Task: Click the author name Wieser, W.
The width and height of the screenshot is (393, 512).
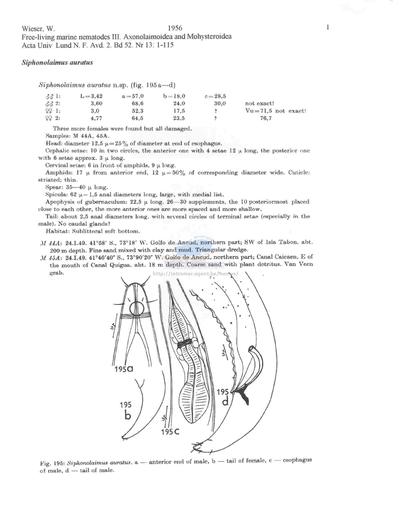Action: [38, 29]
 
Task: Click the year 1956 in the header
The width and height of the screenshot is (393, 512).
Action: [175, 28]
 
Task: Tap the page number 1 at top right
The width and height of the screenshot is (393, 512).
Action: [328, 27]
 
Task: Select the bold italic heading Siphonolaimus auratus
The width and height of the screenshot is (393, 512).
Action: [57, 63]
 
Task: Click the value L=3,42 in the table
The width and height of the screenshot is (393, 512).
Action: [91, 96]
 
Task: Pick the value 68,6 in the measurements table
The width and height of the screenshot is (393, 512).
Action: [138, 104]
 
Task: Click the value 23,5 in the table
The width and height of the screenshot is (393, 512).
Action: [179, 118]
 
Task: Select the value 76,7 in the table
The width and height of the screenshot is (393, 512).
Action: [266, 118]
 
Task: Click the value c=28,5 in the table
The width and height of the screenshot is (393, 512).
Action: [215, 96]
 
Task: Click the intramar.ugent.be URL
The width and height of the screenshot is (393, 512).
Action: [195, 274]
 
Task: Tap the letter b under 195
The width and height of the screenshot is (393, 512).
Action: [128, 416]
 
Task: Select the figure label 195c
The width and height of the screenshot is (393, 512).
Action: [170, 432]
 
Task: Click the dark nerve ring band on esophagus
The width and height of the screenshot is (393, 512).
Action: [184, 344]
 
